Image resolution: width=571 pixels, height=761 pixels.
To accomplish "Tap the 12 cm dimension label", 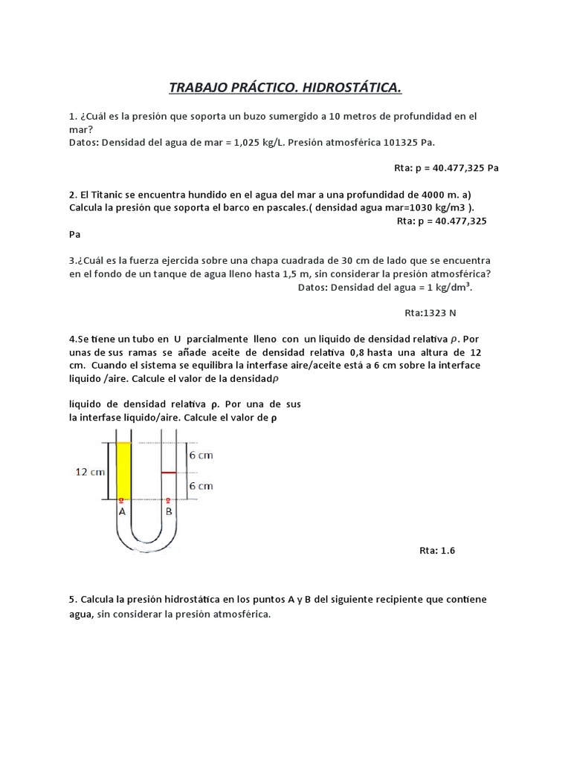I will click(x=91, y=472).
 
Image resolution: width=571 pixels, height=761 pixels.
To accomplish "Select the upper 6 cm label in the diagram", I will click(x=201, y=456).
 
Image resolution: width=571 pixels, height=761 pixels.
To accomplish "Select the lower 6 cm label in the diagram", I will click(x=201, y=485).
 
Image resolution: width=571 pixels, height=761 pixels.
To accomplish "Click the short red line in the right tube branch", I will click(x=169, y=472).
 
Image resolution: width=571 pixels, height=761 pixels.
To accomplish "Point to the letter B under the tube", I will click(x=169, y=511).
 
